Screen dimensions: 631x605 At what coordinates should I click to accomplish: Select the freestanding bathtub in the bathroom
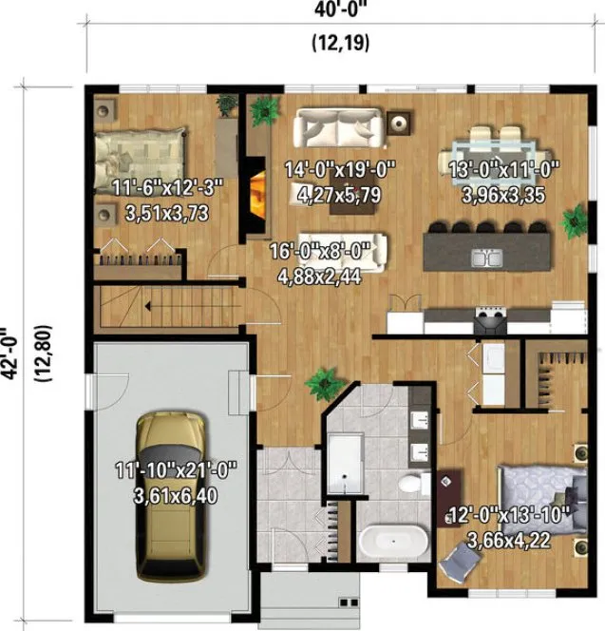[x=393, y=543]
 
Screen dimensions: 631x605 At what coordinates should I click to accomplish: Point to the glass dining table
[x=498, y=152]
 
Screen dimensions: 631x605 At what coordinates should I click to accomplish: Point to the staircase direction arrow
[x=147, y=306]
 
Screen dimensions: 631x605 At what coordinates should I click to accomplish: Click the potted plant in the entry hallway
[x=322, y=384]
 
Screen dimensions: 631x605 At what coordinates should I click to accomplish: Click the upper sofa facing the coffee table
[x=337, y=127]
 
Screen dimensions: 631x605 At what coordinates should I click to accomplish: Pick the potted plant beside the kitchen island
[x=574, y=221]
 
